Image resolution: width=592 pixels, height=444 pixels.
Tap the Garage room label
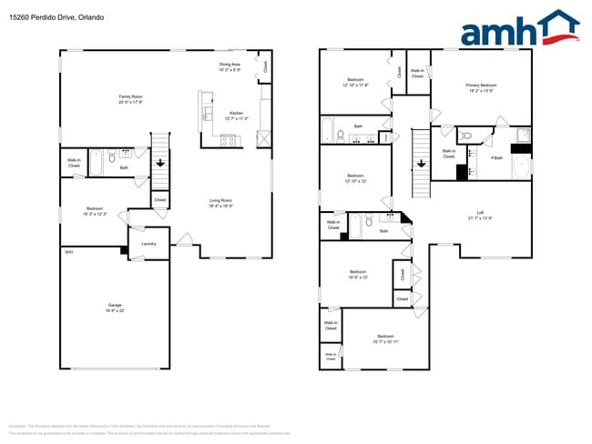(115, 307)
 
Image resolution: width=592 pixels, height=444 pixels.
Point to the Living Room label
(221, 202)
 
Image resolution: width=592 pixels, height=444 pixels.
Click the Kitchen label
(236, 116)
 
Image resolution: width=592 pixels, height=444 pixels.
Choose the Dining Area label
(230, 66)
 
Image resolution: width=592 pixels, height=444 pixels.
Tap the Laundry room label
(148, 243)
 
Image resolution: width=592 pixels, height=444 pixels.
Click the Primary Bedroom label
(481, 87)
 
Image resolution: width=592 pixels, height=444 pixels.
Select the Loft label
(480, 216)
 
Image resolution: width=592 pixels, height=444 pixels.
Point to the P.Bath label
(497, 158)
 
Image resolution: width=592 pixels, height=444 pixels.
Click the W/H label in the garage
(67, 252)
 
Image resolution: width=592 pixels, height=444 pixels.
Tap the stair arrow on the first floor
(160, 164)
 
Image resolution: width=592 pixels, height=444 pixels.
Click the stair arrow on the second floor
(421, 164)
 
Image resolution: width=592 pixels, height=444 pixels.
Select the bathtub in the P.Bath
(522, 166)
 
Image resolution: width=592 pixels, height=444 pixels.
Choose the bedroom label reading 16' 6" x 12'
(358, 275)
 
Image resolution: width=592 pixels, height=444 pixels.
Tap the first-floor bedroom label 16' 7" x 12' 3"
(95, 211)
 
